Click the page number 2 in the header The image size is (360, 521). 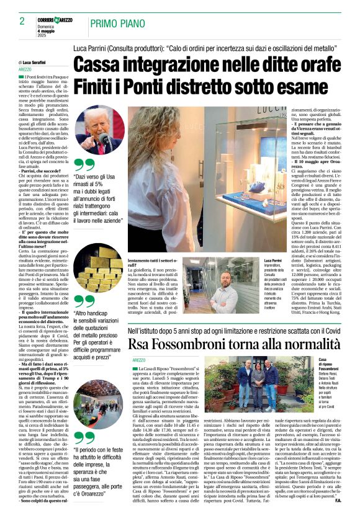[x=22, y=21]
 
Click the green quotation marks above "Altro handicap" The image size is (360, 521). [x=84, y=301]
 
